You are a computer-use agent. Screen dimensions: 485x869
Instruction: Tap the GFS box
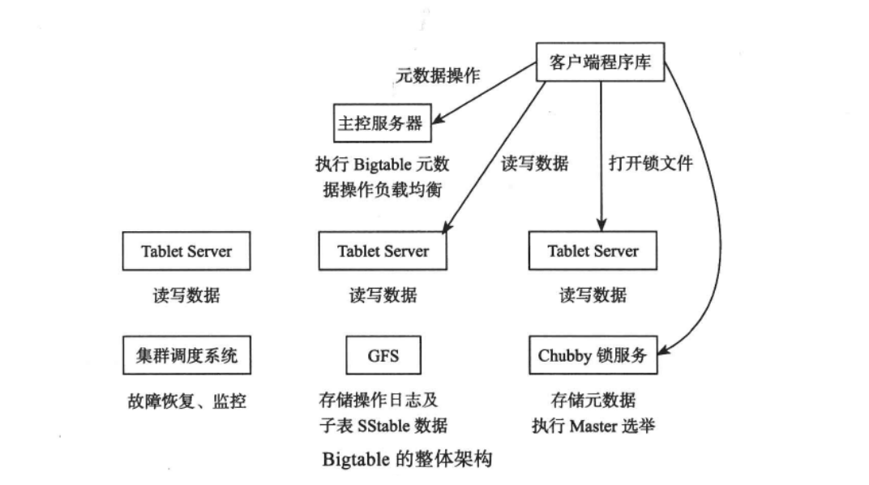pos(383,355)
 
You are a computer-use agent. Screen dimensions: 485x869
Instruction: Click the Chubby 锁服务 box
pos(593,355)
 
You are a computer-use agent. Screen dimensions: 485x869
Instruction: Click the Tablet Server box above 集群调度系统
pos(186,251)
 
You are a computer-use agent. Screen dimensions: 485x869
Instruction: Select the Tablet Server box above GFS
pos(383,251)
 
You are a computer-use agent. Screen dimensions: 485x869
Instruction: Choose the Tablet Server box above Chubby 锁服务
pos(593,251)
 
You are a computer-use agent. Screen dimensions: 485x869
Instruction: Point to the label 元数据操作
pos(438,76)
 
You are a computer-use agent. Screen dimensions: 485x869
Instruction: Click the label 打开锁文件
pos(651,163)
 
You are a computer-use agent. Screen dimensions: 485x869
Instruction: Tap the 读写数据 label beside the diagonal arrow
pos(534,163)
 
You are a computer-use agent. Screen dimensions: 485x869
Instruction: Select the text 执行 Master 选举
pos(593,426)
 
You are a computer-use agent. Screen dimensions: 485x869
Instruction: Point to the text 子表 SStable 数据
pos(383,426)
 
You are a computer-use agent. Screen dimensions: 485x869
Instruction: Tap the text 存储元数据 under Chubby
pos(593,400)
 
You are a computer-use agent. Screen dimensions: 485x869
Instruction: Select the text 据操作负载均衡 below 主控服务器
pos(383,189)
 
